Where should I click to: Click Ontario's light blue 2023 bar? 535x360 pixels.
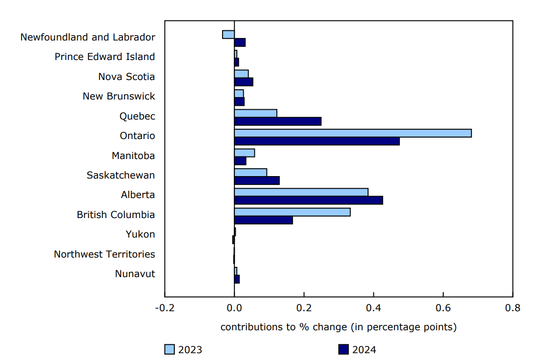[352, 133]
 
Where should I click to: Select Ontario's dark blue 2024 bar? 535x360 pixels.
[317, 141]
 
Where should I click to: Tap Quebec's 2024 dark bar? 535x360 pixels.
[278, 121]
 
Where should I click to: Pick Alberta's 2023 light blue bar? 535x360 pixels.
[301, 192]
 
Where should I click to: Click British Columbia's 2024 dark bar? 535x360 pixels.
[263, 220]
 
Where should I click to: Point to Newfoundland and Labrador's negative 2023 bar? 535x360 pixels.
[228, 34]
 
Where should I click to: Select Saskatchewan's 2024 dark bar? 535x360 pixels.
[257, 180]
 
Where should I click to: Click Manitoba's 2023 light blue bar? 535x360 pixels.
[244, 153]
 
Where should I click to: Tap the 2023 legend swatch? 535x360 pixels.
[169, 349]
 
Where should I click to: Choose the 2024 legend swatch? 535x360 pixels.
[344, 349]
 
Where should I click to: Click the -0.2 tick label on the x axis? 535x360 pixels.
[165, 308]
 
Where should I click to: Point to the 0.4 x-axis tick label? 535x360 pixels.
[373, 308]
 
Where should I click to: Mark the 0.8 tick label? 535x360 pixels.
[513, 308]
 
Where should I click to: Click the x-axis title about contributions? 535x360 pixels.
[338, 327]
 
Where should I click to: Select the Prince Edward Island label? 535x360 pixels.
[104, 57]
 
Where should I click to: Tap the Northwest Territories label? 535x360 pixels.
[104, 254]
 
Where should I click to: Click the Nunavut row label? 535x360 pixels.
[135, 274]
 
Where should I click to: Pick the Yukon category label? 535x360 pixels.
[140, 234]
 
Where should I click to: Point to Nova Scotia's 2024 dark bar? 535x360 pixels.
[244, 82]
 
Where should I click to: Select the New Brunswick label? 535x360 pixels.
[119, 96]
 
